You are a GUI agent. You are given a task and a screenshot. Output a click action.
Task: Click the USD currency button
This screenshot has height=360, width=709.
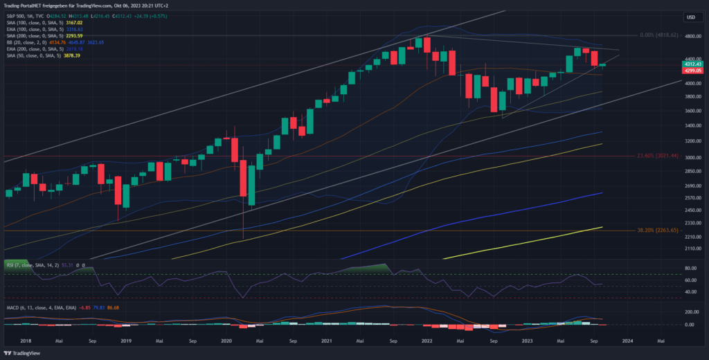[x=690, y=17]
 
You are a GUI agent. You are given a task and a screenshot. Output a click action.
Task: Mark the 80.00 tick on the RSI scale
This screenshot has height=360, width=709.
[x=690, y=267]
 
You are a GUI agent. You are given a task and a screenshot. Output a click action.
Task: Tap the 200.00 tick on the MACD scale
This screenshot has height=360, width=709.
[x=690, y=312]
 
